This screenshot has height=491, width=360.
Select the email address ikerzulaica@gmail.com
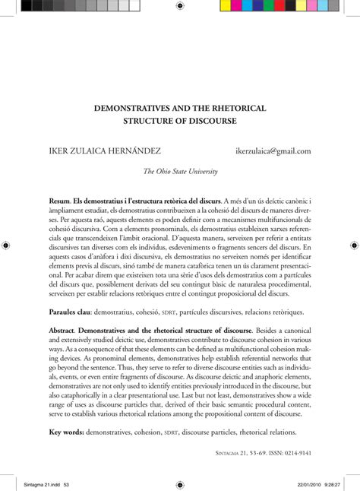coord(273,151)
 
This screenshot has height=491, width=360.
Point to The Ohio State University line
coord(180,172)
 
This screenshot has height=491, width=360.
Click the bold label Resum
coord(61,200)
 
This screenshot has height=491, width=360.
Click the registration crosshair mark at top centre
coord(180,6)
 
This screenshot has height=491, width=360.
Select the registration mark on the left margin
coord(5,245)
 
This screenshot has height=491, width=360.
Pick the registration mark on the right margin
coord(354,245)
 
